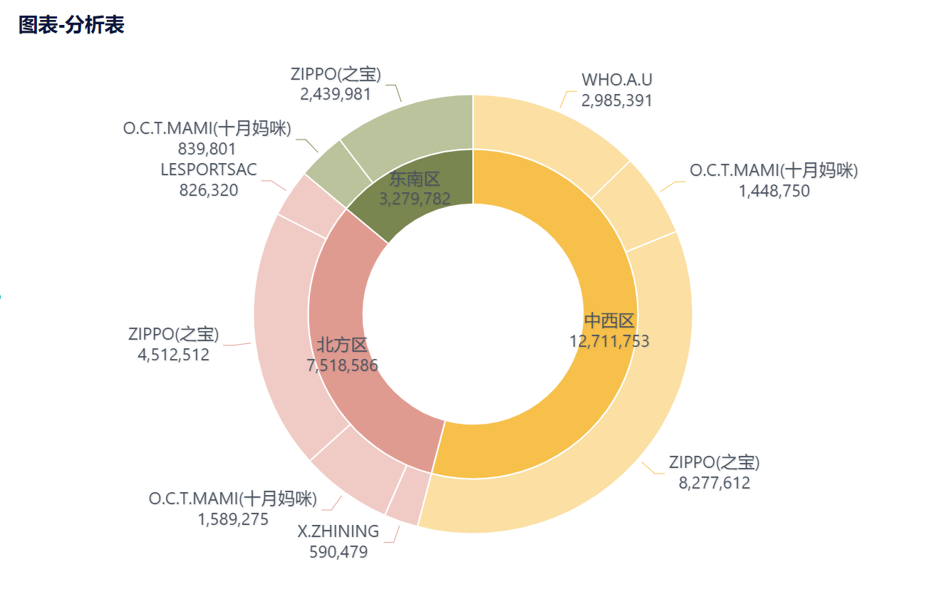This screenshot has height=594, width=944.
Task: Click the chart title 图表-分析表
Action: tap(71, 26)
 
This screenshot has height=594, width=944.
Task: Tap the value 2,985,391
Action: tap(617, 100)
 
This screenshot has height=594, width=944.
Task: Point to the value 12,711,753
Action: tap(609, 341)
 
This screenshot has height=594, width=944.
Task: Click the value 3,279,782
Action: tap(415, 199)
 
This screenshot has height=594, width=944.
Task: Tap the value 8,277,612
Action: tap(715, 483)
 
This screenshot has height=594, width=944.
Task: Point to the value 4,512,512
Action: tap(174, 355)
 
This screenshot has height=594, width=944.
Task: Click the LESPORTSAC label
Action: tap(209, 170)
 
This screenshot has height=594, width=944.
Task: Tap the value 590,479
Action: tap(338, 552)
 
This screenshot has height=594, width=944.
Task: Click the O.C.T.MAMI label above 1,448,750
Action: tap(774, 170)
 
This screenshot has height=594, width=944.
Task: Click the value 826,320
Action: tap(208, 190)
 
